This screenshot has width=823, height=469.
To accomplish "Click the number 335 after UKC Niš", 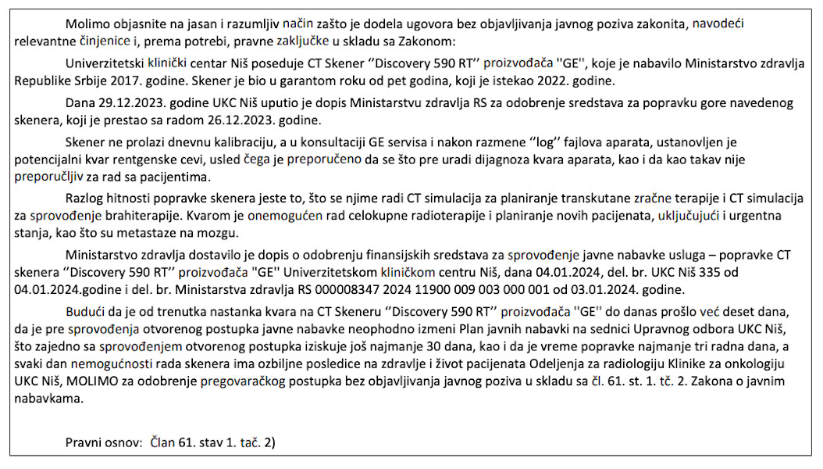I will tap(714, 271).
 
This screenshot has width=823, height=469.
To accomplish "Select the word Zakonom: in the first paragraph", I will tap(429, 41).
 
